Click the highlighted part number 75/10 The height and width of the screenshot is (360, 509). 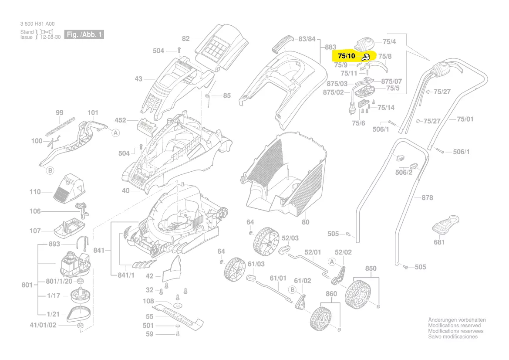(347, 56)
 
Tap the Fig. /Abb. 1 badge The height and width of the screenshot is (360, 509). (84, 34)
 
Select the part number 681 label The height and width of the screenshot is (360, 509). (439, 242)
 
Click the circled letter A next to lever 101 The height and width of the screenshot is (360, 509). (115, 133)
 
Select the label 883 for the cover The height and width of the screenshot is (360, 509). (331, 47)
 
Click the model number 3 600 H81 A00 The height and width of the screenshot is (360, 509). (37, 24)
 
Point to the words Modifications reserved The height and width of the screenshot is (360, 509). (454, 326)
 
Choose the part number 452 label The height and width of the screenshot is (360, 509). (120, 120)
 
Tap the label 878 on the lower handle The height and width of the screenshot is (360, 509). (427, 198)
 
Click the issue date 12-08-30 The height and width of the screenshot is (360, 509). (50, 37)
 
